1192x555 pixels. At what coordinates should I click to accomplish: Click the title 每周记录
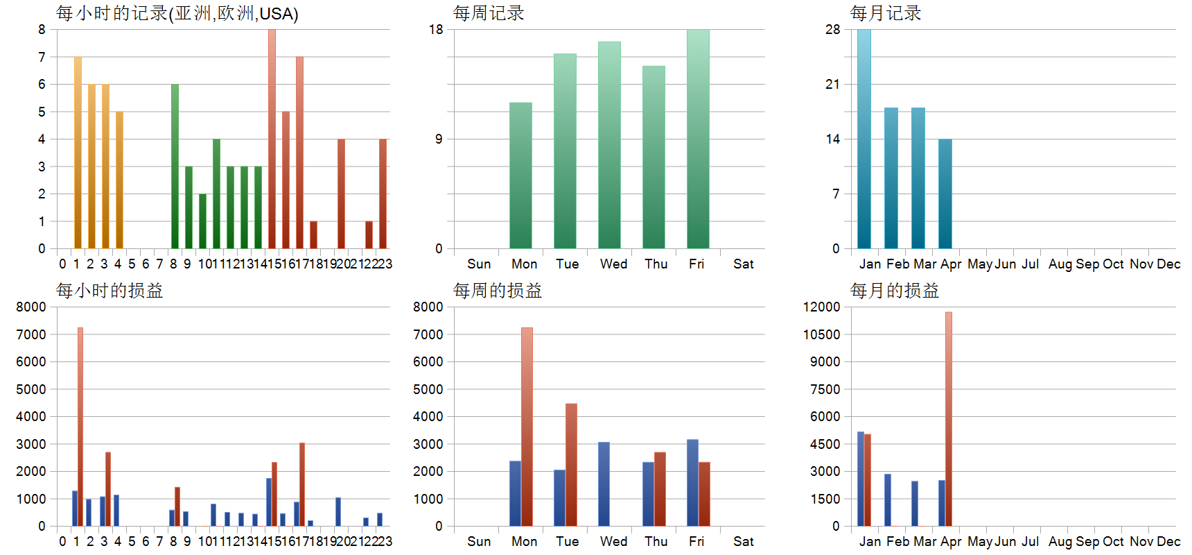pyautogui.click(x=489, y=13)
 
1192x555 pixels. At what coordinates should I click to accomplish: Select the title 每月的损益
pyautogui.click(x=895, y=291)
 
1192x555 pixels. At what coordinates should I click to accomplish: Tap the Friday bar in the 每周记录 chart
pyautogui.click(x=698, y=139)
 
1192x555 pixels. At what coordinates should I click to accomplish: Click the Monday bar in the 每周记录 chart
pyautogui.click(x=520, y=176)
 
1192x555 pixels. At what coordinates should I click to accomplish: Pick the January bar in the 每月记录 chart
pyautogui.click(x=864, y=139)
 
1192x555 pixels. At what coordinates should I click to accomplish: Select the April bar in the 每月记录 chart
pyautogui.click(x=945, y=194)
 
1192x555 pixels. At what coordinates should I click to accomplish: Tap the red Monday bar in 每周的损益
pyautogui.click(x=527, y=427)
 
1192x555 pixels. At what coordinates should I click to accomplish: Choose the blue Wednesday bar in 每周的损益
pyautogui.click(x=604, y=484)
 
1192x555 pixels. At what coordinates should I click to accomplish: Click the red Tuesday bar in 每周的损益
pyautogui.click(x=571, y=465)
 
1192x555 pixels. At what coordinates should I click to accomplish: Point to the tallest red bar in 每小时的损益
pyautogui.click(x=80, y=427)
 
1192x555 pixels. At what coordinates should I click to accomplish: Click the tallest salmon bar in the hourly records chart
pyautogui.click(x=272, y=139)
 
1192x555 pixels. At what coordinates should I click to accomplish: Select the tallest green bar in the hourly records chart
pyautogui.click(x=175, y=166)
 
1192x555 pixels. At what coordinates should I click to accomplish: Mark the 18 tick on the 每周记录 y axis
pyautogui.click(x=436, y=30)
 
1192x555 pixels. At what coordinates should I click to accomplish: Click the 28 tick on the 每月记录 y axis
pyautogui.click(x=833, y=30)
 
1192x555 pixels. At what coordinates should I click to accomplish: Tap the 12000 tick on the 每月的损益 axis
pyautogui.click(x=822, y=307)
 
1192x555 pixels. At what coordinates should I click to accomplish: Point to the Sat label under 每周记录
pyautogui.click(x=743, y=264)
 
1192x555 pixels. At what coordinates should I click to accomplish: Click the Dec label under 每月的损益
pyautogui.click(x=1168, y=541)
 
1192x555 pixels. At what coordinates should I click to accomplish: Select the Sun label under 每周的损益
pyautogui.click(x=479, y=541)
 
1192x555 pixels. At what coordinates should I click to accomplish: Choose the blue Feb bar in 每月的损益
pyautogui.click(x=888, y=500)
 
